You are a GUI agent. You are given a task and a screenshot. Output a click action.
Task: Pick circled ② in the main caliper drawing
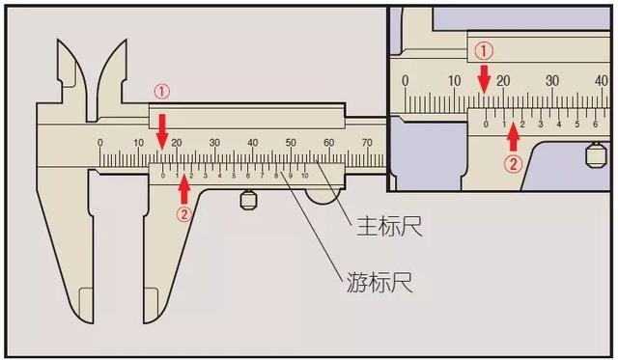pyautogui.click(x=183, y=215)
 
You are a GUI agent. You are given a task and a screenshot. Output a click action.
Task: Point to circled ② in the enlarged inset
pyautogui.click(x=513, y=163)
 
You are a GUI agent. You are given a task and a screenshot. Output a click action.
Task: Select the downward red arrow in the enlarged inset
pyautogui.click(x=486, y=78)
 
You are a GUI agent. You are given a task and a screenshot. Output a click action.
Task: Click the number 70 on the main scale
pyautogui.click(x=367, y=143)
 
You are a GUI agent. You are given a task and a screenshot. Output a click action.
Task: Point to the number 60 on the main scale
pyautogui.click(x=329, y=143)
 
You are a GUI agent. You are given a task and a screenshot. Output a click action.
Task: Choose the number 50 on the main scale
pyautogui.click(x=291, y=143)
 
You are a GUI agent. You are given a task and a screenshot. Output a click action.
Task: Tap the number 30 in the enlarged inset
pyautogui.click(x=552, y=81)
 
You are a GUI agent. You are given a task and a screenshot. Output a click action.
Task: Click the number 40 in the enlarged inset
pyautogui.click(x=601, y=81)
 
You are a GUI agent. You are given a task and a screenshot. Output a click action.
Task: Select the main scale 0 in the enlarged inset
pyautogui.click(x=406, y=81)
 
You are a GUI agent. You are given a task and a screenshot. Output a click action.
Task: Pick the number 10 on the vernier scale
pyautogui.click(x=305, y=176)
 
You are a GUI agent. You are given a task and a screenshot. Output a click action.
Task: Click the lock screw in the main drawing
pyautogui.click(x=248, y=201)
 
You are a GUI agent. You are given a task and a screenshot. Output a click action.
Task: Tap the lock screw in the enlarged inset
pyautogui.click(x=595, y=153)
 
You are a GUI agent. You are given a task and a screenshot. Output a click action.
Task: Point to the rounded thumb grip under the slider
pyautogui.click(x=323, y=197)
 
